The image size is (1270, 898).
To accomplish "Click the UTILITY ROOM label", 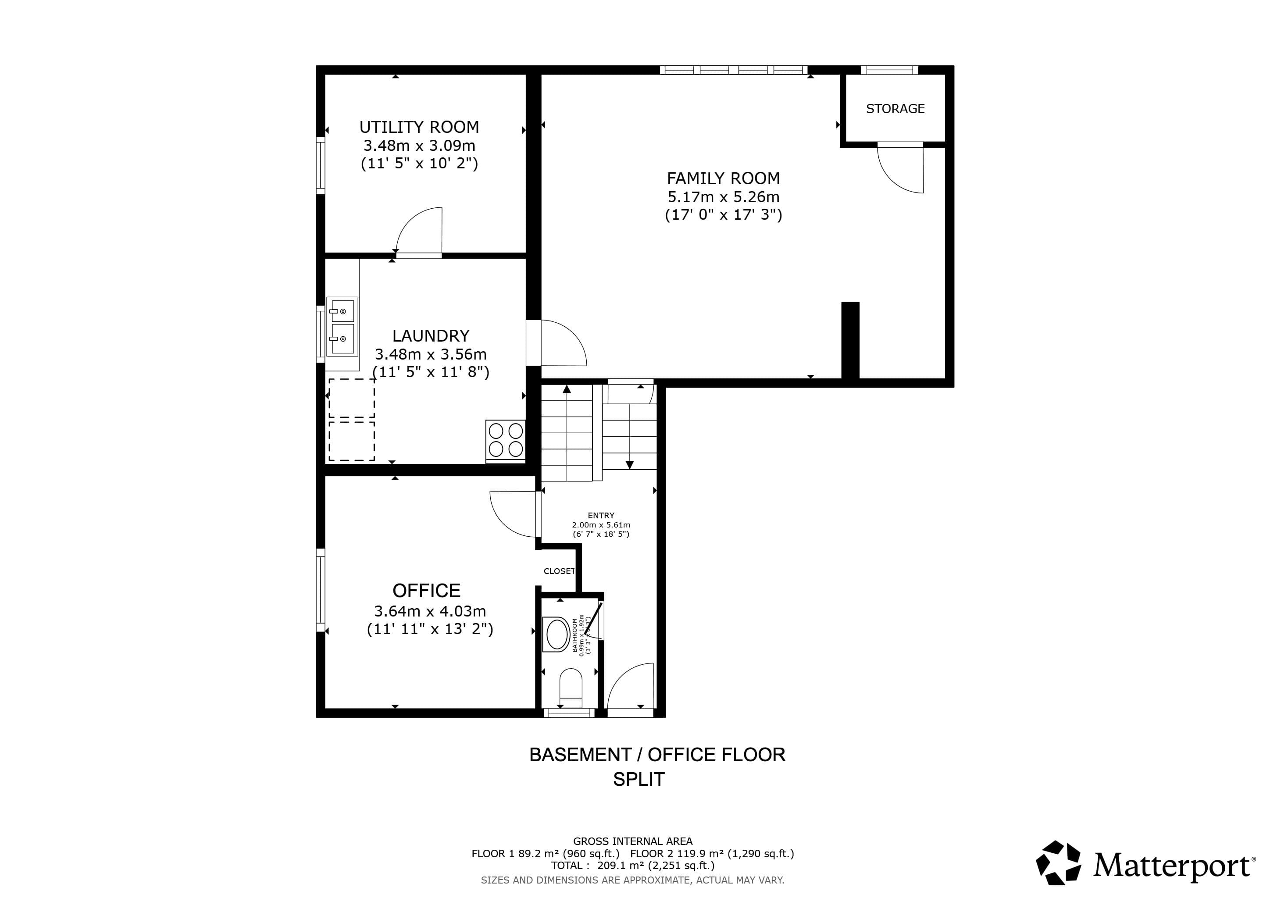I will pyautogui.click(x=419, y=128).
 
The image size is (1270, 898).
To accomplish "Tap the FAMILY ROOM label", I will pyautogui.click(x=723, y=178).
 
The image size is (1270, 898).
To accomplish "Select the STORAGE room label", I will pyautogui.click(x=895, y=109).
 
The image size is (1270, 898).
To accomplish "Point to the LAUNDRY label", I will pyautogui.click(x=430, y=335).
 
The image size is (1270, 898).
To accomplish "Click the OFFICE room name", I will pyautogui.click(x=426, y=591).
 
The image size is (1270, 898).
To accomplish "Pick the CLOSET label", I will pyautogui.click(x=559, y=571).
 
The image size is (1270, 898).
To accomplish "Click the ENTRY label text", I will pyautogui.click(x=601, y=515).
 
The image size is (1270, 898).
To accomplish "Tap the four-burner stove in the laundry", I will pyautogui.click(x=506, y=440).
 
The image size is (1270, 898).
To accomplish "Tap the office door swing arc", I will pyautogui.click(x=512, y=514).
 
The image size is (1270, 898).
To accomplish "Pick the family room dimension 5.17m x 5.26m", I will pyautogui.click(x=723, y=197).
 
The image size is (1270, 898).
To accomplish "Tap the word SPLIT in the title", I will pyautogui.click(x=639, y=779).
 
